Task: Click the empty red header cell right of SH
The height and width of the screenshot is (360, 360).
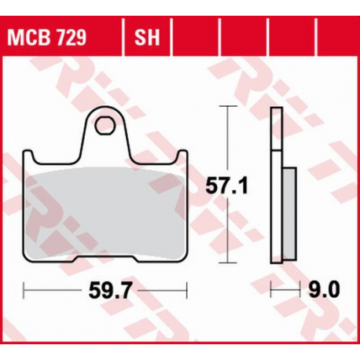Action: pyautogui.click(x=192, y=37)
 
